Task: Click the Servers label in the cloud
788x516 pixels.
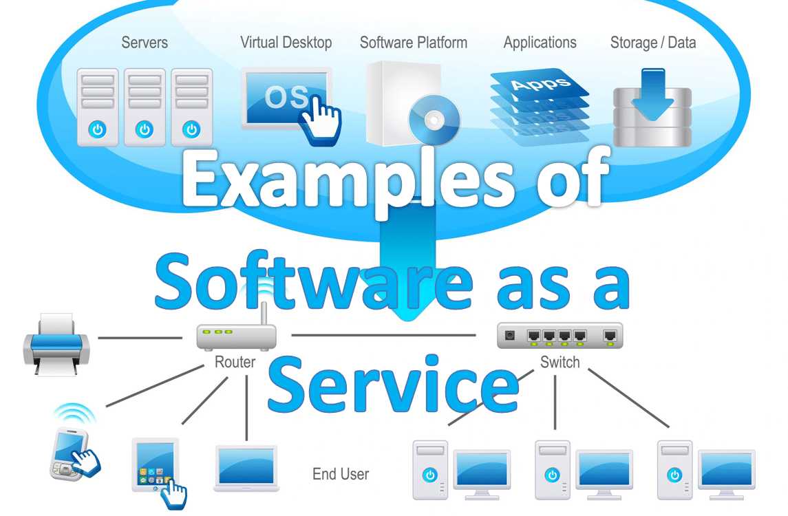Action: coord(144,43)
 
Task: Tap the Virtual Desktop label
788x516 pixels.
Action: coord(286,43)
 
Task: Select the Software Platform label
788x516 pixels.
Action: coord(413,43)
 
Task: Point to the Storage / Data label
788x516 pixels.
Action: coord(652,43)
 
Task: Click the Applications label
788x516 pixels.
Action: coord(540,43)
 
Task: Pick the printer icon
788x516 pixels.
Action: coord(56,343)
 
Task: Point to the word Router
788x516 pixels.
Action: coord(235,362)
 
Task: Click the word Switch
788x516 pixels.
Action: coord(560,362)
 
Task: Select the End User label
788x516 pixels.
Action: coord(341,474)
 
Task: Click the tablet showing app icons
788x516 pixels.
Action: coord(156,465)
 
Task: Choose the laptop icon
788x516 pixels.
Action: coord(246,468)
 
